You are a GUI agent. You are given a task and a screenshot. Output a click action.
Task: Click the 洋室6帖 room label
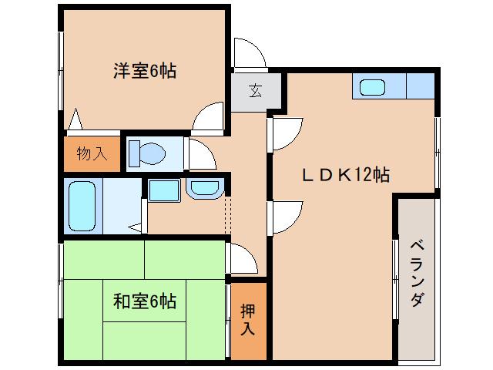pyautogui.click(x=145, y=72)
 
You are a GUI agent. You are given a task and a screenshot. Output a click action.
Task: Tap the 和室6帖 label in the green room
pyautogui.click(x=145, y=301)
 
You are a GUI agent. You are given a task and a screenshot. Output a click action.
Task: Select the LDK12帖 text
pyautogui.click(x=344, y=175)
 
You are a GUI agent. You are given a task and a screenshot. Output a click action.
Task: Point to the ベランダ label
pyautogui.click(x=416, y=273)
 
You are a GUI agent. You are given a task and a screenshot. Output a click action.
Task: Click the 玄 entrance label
pyautogui.click(x=254, y=90)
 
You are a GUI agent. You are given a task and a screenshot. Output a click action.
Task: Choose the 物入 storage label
pyautogui.click(x=92, y=153)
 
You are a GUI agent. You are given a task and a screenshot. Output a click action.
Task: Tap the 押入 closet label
pyautogui.click(x=246, y=320)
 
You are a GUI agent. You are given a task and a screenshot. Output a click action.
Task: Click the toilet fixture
pyautogui.click(x=146, y=153)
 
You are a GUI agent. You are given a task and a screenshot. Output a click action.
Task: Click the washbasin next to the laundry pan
pyautogui.click(x=203, y=188)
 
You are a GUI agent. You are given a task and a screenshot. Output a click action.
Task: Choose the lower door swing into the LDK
pyautogui.click(x=284, y=216)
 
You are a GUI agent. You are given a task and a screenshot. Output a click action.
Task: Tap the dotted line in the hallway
pyautogui.click(x=226, y=217)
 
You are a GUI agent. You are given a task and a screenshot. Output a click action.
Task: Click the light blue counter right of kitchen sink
pyautogui.click(x=421, y=86)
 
